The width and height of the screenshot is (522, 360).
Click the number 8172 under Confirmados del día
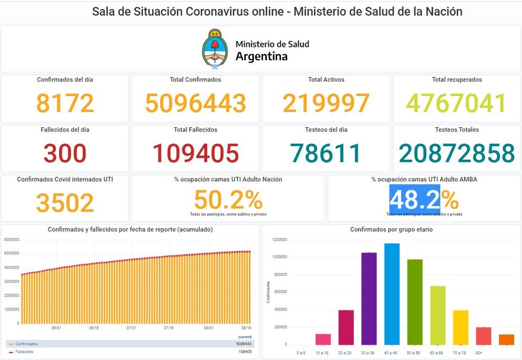point(65,103)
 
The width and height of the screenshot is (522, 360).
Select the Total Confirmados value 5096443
point(196,103)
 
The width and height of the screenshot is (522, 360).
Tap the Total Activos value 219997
point(326,103)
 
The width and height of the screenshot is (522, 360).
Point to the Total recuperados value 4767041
point(457,103)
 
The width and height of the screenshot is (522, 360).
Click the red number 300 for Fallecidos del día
point(65,153)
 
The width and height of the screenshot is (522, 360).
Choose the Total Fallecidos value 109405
point(196,153)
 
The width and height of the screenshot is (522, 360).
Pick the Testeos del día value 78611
point(326,153)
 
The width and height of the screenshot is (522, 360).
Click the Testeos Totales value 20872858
point(457,153)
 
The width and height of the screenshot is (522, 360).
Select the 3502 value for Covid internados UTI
point(65,203)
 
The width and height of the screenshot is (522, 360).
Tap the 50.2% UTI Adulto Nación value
point(228,200)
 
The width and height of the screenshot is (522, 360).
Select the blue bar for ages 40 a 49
point(391,294)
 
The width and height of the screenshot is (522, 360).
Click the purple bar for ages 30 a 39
point(369,298)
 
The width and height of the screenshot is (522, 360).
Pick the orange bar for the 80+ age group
point(506,339)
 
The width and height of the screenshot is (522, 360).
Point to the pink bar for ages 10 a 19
point(323,339)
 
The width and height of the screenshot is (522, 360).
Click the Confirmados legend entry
point(27,344)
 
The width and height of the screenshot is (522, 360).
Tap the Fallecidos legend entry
point(24,352)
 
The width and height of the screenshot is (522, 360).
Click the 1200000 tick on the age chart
point(279,240)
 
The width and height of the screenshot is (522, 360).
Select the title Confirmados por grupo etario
point(391,229)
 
